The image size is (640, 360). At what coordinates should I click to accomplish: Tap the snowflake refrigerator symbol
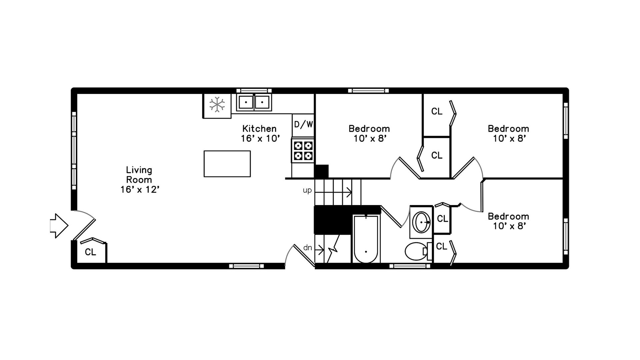(x=217, y=105)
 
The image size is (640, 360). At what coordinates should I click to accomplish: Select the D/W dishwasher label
(x=303, y=125)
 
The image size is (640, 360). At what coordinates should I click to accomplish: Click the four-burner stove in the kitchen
(x=303, y=151)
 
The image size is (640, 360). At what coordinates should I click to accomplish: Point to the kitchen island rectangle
(x=227, y=164)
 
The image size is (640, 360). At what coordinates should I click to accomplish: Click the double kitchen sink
(x=254, y=102)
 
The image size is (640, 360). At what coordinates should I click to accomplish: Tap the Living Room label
(x=139, y=179)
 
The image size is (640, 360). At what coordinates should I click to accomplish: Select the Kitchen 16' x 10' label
(x=260, y=133)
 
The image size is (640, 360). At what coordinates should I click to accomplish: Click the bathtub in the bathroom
(x=366, y=239)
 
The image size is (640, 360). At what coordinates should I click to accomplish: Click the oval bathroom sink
(x=421, y=222)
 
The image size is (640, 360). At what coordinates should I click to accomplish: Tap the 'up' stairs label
(x=307, y=190)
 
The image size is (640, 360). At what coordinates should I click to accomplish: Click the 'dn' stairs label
(x=307, y=248)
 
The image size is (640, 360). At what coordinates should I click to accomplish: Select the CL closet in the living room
(x=90, y=252)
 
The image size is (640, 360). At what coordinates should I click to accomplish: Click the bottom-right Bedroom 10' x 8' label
(x=508, y=221)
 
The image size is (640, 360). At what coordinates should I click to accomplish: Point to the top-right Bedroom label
(x=508, y=133)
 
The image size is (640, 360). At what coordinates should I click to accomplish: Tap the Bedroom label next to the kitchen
(x=369, y=133)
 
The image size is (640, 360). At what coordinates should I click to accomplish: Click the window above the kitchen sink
(x=254, y=90)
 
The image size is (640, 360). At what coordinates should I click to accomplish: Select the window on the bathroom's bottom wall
(x=410, y=266)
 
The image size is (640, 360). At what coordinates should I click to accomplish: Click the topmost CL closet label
(x=437, y=111)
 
